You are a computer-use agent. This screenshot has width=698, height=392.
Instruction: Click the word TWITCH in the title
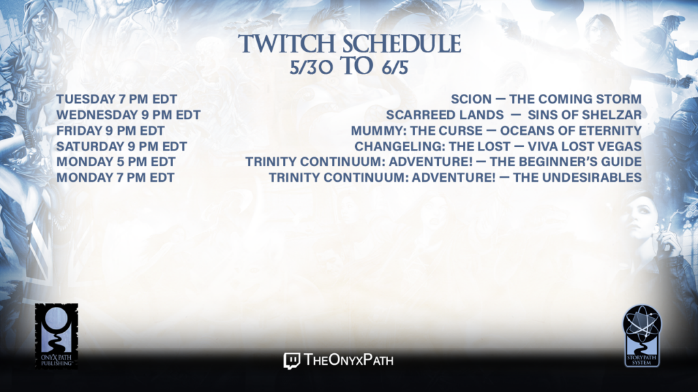tap(286, 44)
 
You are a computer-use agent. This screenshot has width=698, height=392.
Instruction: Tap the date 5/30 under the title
tap(311, 67)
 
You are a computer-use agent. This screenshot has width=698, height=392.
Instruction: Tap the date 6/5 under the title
tap(395, 67)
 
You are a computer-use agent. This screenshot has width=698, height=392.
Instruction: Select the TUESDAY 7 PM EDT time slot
tap(117, 99)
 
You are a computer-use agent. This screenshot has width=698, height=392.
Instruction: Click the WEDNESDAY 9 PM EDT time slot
tap(128, 114)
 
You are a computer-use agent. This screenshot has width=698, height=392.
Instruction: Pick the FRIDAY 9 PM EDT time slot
tap(110, 131)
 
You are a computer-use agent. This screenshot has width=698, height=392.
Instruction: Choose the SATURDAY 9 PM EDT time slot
tap(121, 146)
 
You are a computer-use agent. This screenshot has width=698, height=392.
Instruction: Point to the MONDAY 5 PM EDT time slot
tap(116, 162)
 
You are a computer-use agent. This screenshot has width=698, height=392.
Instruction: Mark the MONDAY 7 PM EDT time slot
tap(115, 178)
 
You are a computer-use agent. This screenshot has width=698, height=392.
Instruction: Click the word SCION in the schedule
tap(471, 99)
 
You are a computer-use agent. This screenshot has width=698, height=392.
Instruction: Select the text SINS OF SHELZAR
tap(584, 114)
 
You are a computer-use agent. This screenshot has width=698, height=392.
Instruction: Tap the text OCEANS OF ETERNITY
tap(571, 131)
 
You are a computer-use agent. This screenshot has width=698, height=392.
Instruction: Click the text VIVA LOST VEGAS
tap(584, 146)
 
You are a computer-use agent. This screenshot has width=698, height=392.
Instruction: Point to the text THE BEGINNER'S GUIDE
tap(566, 162)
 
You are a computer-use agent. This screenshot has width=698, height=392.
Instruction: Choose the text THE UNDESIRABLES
tap(577, 178)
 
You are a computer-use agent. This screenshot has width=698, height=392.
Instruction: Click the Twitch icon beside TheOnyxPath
tap(292, 361)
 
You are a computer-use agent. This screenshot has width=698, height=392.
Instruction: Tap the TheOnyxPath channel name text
tap(349, 359)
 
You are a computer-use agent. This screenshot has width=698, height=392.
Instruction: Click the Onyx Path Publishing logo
tap(56, 336)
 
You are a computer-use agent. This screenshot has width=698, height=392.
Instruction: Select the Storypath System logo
tap(642, 336)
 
